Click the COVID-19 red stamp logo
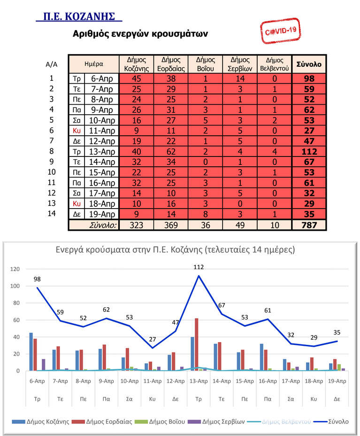[281, 31]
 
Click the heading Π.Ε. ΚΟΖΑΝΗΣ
[79, 17]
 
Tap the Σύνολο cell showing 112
[309, 151]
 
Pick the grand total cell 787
[309, 225]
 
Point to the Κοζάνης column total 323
[136, 225]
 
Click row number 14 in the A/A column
[52, 213]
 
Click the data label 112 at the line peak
[199, 267]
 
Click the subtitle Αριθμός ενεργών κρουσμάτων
[140, 34]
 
